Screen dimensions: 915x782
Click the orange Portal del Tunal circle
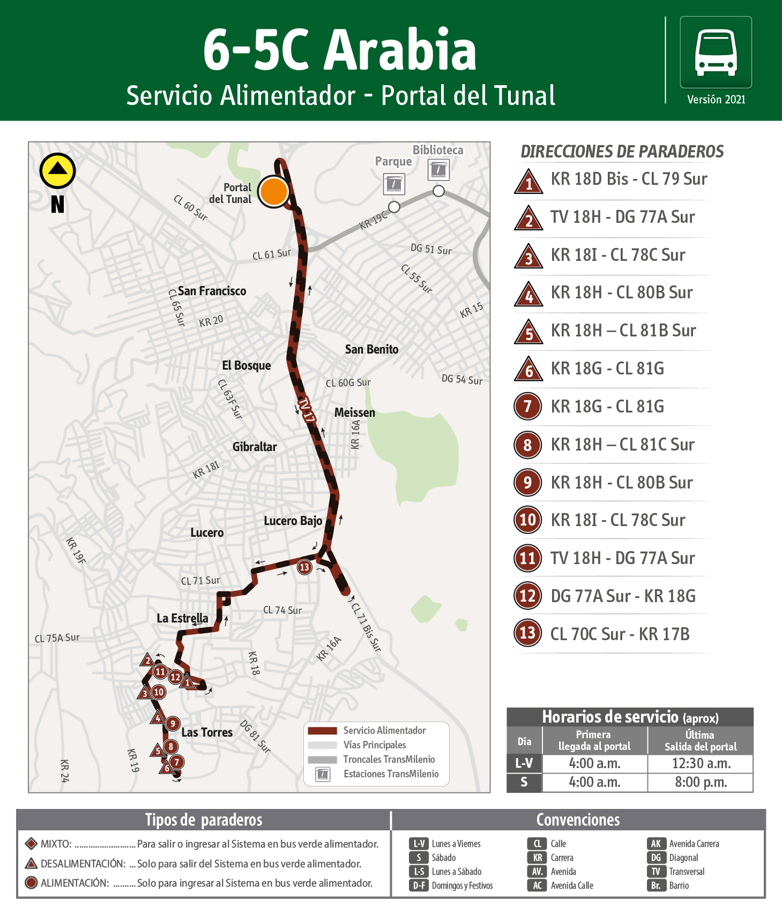[274, 191]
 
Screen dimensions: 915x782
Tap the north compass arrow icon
[57, 171]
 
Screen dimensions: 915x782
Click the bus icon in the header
[716, 52]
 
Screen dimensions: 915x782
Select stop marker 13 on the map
[304, 567]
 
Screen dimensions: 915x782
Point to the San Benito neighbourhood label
[371, 349]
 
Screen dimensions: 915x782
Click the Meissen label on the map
[354, 412]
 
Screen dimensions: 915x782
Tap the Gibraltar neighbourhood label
[255, 447]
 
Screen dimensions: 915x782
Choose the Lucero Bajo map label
[293, 521]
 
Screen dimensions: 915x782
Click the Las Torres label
[207, 732]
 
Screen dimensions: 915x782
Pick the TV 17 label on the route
[306, 410]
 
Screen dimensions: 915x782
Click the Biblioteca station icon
[438, 170]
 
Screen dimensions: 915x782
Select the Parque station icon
[394, 184]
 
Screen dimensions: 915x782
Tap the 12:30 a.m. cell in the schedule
[699, 763]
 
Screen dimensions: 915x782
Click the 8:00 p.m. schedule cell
[701, 782]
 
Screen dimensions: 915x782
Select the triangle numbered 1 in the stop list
[529, 182]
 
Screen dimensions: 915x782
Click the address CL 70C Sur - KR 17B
[620, 634]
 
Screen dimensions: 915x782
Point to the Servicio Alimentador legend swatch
[322, 731]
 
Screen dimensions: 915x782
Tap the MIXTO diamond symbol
[31, 844]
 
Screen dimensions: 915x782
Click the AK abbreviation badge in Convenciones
[656, 844]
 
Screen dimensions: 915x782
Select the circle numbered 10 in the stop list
[527, 520]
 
